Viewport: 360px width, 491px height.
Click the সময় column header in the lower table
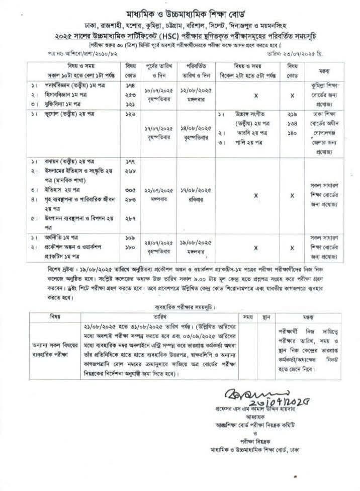click(x=248, y=317)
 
